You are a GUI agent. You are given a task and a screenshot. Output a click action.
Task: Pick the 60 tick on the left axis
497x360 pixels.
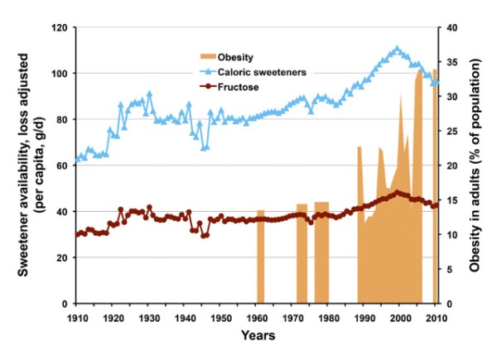coord(61,166)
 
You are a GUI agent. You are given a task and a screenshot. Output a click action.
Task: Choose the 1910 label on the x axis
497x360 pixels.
coord(77,316)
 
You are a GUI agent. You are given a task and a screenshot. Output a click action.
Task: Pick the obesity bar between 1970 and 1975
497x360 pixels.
coord(302,253)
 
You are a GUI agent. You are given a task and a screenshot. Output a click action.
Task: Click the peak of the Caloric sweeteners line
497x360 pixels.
coord(398,48)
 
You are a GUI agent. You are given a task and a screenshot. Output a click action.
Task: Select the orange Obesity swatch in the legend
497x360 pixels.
coord(206,55)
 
